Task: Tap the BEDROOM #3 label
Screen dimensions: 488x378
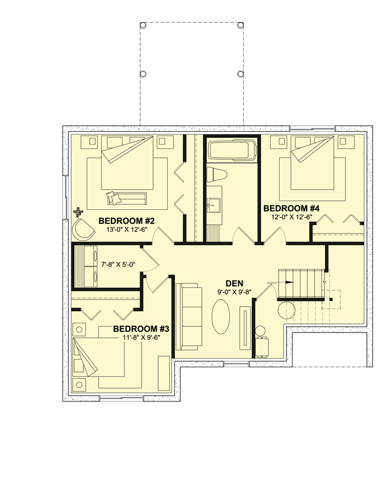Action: (141, 328)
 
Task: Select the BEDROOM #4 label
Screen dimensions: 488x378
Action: (291, 207)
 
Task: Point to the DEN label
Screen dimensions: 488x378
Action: (235, 283)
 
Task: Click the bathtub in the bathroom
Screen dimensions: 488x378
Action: (231, 149)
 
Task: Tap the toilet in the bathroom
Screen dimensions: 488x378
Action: (216, 174)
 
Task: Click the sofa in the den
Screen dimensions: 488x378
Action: (189, 317)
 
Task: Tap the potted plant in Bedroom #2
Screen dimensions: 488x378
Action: (78, 212)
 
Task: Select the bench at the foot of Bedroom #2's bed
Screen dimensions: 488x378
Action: (126, 197)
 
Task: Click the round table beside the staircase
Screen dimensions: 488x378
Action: (287, 310)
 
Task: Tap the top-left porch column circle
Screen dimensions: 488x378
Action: (143, 25)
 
